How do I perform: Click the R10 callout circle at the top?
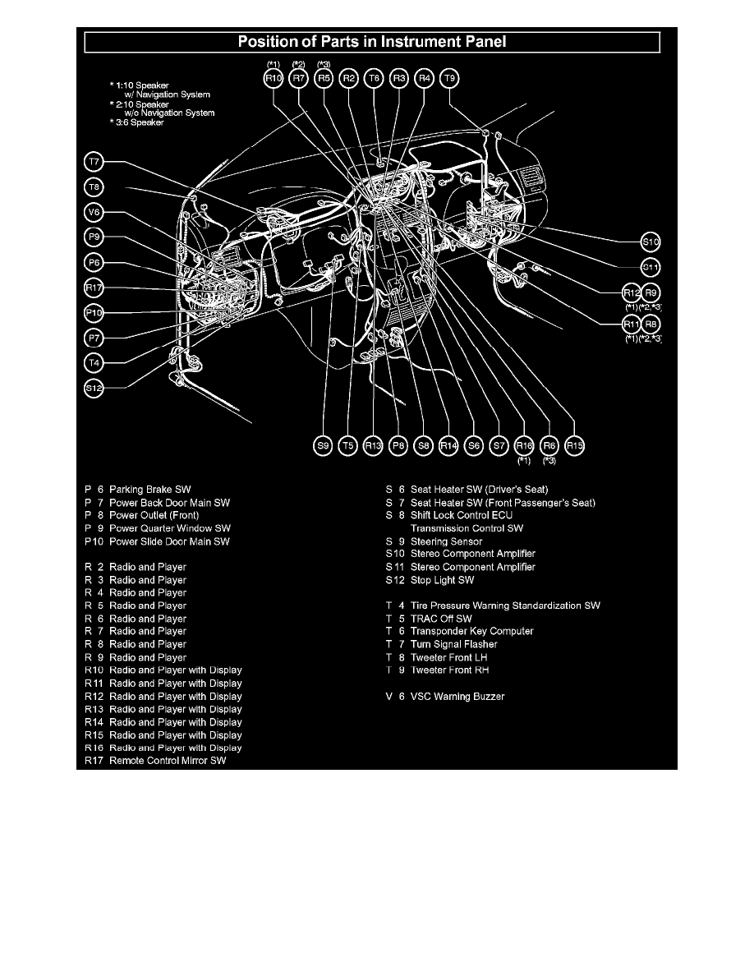274,79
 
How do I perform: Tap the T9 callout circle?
450,79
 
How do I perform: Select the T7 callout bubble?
94,162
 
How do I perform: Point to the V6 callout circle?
94,212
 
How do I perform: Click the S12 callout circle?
94,388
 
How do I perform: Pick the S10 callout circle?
651,242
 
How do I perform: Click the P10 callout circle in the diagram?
94,312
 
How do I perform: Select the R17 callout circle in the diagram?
94,288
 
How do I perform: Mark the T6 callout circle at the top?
375,79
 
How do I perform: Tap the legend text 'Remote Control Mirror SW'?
168,761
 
